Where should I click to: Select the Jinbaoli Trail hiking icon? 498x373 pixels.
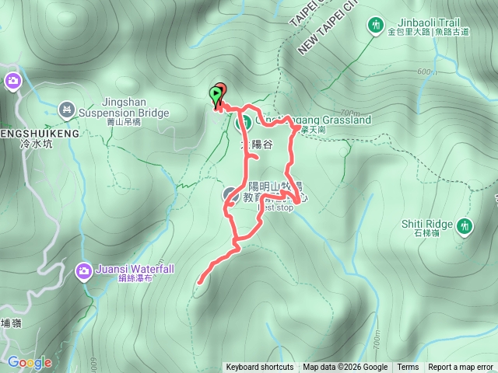pos(377,26)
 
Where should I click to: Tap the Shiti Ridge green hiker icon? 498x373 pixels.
pos(465,225)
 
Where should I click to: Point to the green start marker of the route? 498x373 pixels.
pos(215,95)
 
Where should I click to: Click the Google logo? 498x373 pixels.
pos(30,362)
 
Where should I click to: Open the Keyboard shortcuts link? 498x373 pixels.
pos(260,368)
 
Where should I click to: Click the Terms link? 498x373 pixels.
pos(408,368)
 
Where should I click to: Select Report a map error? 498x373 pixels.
pos(461,368)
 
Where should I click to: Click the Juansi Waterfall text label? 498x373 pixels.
pos(135,269)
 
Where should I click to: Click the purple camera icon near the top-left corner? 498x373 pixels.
pos(13,80)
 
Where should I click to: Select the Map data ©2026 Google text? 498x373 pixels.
pos(345,368)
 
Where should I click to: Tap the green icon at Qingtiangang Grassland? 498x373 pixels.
pos(242,122)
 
